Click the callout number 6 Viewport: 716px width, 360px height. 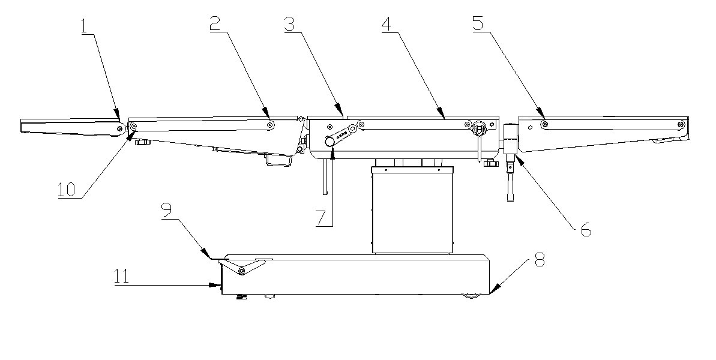pos(585,229)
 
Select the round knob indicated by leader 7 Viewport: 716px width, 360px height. pos(329,142)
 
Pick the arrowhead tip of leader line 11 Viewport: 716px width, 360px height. pos(218,286)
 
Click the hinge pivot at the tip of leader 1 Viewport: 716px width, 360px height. pos(121,127)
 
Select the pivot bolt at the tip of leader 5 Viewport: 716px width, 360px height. pos(545,124)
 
